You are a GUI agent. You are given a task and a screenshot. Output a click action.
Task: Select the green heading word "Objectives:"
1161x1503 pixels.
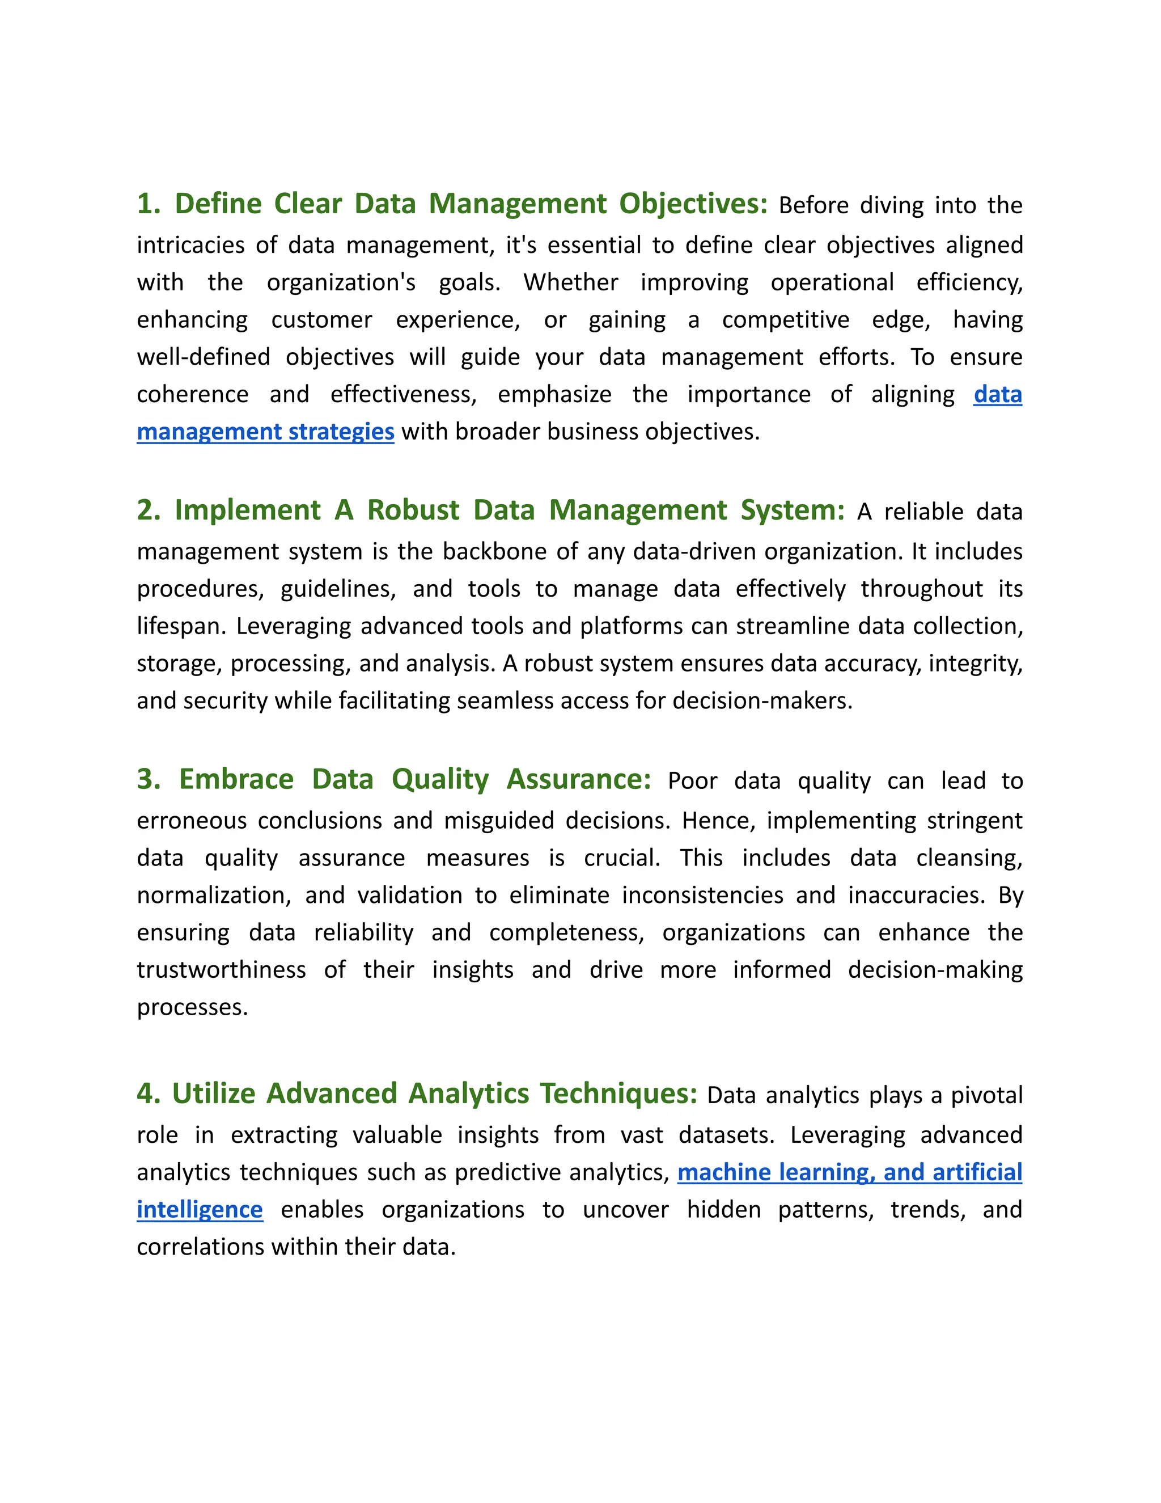coord(693,204)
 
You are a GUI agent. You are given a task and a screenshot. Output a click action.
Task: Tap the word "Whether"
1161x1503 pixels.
coord(571,282)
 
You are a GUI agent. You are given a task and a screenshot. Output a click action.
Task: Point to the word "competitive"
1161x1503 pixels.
coord(786,319)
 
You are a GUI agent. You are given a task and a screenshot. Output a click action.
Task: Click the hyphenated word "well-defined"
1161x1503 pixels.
coord(203,357)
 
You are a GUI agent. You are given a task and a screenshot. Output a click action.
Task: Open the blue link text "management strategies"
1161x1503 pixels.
coord(265,432)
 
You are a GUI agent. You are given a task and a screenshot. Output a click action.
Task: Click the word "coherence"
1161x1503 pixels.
coord(193,394)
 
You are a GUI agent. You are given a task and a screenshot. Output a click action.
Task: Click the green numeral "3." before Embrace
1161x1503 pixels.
coord(149,779)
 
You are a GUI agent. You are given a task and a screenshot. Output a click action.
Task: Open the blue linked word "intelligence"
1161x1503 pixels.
coord(200,1210)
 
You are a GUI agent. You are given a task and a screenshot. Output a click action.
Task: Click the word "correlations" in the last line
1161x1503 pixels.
coord(200,1247)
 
